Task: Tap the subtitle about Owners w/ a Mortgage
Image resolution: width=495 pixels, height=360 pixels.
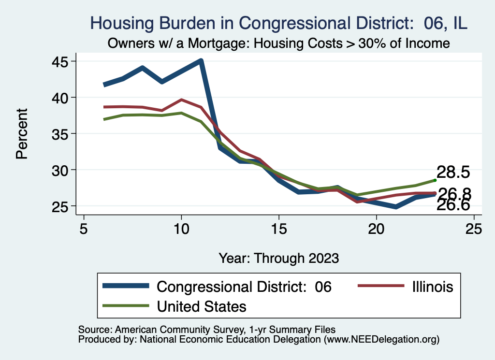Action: (279, 43)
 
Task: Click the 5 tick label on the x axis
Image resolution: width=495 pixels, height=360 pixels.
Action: (84, 229)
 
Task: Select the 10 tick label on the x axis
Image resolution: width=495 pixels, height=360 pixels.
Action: (181, 229)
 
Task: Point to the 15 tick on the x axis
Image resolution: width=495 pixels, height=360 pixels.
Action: (279, 229)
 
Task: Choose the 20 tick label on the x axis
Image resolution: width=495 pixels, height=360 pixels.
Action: (377, 229)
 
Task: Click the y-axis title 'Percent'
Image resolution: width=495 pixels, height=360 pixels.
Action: (21, 134)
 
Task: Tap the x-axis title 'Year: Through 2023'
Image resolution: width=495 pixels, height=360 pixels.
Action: (278, 258)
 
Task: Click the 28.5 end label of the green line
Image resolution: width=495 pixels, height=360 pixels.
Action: (453, 173)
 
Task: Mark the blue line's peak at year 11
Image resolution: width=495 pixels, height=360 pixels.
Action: (201, 61)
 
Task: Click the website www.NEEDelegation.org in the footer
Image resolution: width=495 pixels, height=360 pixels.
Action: (382, 339)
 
